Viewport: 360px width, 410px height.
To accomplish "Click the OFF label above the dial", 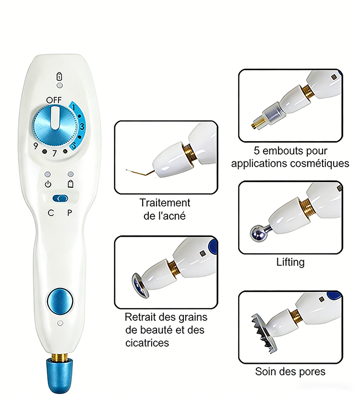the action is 54,100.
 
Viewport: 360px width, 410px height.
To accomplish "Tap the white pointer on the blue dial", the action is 55,118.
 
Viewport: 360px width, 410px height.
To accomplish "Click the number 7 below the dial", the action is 54,153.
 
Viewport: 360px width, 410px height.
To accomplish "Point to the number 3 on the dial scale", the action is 82,127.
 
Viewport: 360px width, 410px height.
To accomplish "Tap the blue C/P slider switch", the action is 60,199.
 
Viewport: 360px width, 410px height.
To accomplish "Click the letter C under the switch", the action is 51,213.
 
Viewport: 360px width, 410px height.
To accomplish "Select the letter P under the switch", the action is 70,213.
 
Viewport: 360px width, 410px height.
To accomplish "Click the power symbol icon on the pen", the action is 48,184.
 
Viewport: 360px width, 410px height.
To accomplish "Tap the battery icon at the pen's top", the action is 60,76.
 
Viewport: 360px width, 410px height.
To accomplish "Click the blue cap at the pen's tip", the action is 60,376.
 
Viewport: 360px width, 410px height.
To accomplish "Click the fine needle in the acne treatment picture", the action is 140,172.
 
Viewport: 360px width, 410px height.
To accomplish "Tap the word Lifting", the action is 290,262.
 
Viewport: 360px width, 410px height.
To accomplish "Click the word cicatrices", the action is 147,343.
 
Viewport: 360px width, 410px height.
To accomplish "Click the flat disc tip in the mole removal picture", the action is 140,286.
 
